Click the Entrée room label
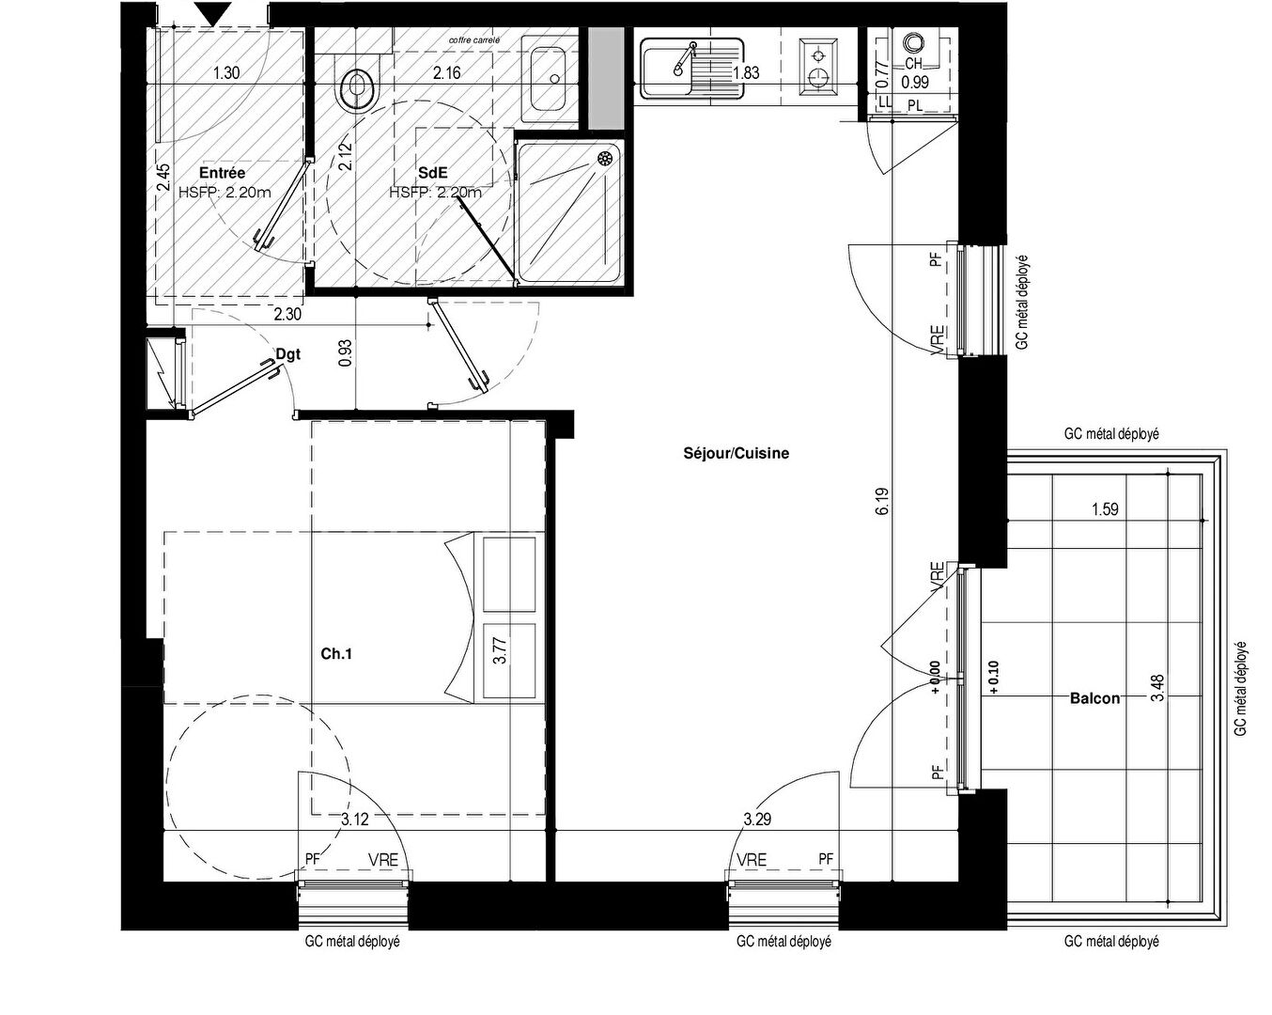[222, 173]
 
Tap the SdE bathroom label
[433, 173]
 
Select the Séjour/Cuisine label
[736, 454]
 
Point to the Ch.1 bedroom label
[336, 653]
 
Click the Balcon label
[1095, 698]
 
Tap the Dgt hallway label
[288, 354]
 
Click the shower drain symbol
[605, 159]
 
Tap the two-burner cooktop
[818, 67]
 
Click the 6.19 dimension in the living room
[883, 502]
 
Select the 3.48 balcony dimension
[1158, 688]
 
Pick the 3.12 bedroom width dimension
[355, 820]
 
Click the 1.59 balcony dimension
[1105, 509]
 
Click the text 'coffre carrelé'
[474, 40]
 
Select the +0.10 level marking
[992, 678]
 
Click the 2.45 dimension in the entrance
[163, 178]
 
